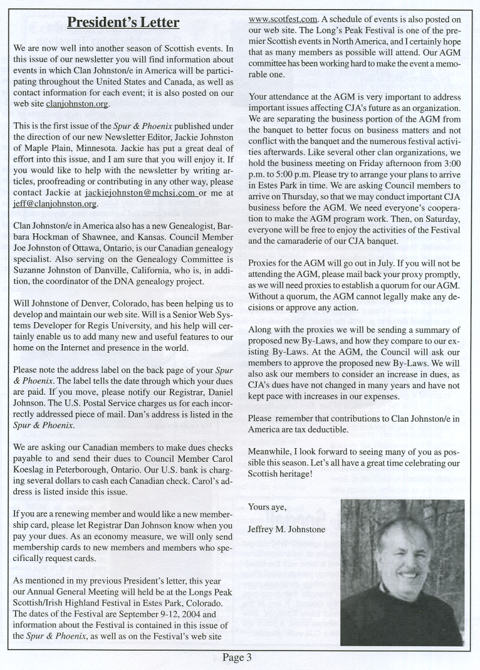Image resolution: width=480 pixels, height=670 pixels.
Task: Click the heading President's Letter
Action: pos(123,23)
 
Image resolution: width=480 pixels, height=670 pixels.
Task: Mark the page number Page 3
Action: pos(237,657)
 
